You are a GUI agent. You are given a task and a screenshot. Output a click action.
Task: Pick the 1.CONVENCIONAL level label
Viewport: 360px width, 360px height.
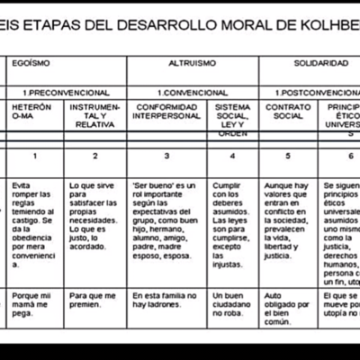click(191, 92)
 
